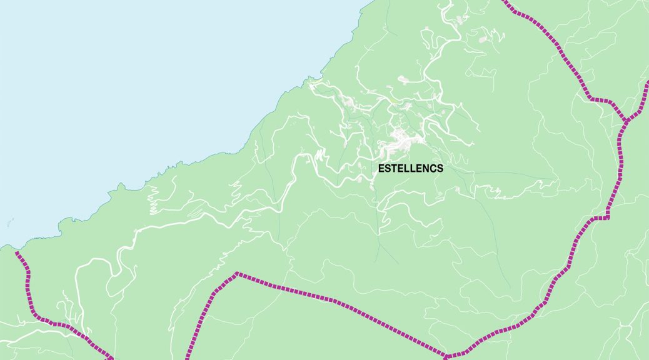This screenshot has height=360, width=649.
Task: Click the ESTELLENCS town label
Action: pyautogui.click(x=411, y=168)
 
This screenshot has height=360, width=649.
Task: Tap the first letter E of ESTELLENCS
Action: pyautogui.click(x=381, y=168)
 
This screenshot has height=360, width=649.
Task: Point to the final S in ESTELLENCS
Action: pyautogui.click(x=440, y=168)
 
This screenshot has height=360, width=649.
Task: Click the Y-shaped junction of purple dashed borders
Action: pyautogui.click(x=625, y=121)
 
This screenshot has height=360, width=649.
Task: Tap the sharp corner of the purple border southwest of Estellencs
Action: pyautogui.click(x=237, y=274)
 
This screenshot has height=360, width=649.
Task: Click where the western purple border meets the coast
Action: pyautogui.click(x=17, y=252)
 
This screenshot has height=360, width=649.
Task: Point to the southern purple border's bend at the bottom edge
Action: pyautogui.click(x=448, y=357)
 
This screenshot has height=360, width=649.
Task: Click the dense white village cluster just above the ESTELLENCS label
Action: pyautogui.click(x=400, y=141)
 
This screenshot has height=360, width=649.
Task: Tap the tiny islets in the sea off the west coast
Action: pyautogui.click(x=9, y=222)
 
